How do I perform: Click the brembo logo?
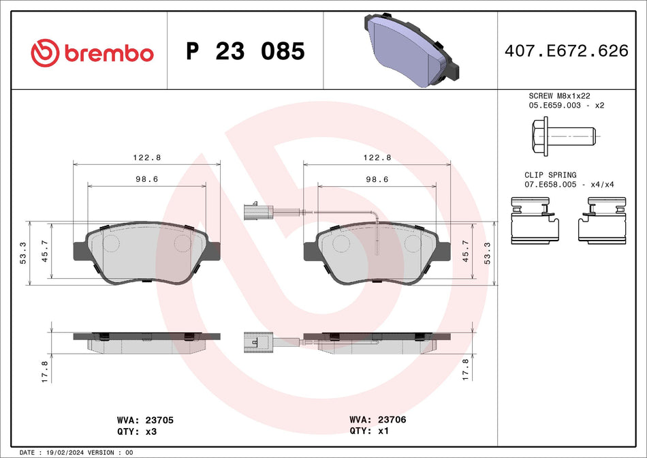(x=93, y=52)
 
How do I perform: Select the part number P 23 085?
(x=245, y=51)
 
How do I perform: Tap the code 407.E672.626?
(x=566, y=50)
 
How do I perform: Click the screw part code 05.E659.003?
(x=552, y=106)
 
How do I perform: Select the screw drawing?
(x=562, y=136)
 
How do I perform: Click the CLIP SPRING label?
(x=550, y=175)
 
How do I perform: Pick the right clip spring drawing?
(x=602, y=219)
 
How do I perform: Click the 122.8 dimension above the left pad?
(x=146, y=157)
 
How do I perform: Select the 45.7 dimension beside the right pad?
(x=466, y=251)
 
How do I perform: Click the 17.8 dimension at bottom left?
(x=44, y=371)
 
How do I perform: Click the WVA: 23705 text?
(x=146, y=421)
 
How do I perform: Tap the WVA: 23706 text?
(x=377, y=420)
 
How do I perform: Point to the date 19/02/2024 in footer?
(x=66, y=453)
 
